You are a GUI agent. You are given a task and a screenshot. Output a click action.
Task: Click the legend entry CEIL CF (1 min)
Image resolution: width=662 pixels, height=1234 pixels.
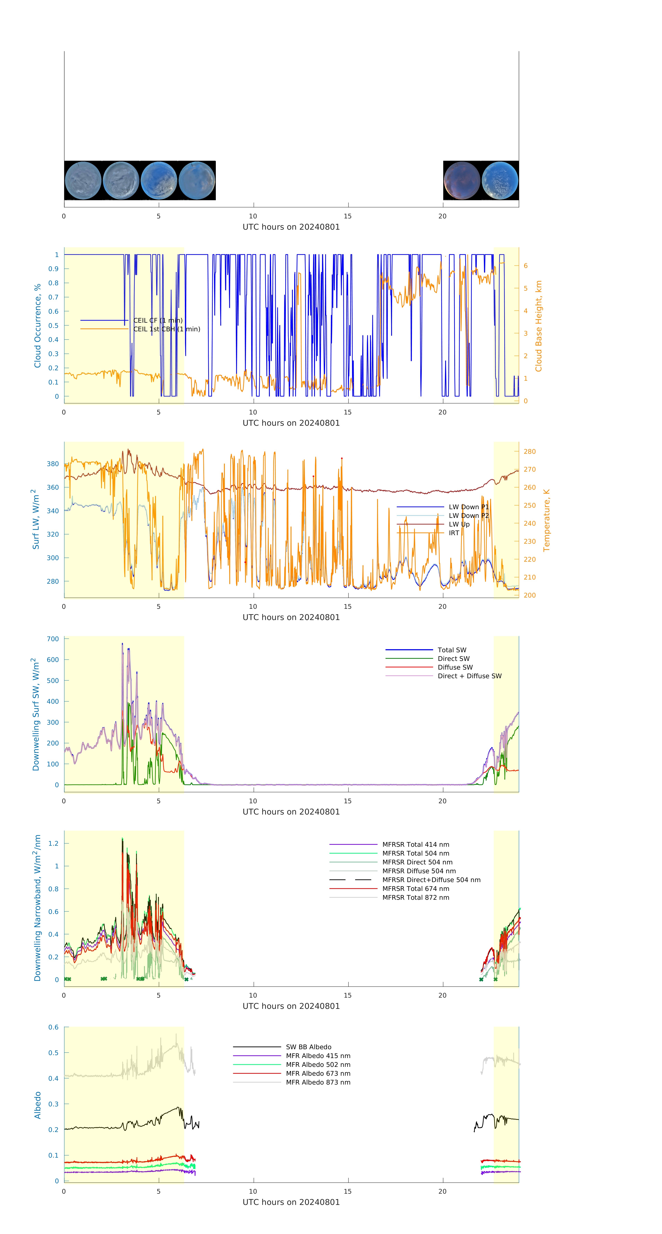coord(157,320)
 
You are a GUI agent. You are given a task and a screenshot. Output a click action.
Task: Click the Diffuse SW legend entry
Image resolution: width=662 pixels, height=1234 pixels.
coord(455,667)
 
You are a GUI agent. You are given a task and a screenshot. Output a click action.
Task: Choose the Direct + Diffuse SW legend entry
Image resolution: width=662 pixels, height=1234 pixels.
coord(469,676)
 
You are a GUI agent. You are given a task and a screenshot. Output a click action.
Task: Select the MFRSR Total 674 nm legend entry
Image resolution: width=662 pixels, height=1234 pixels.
coord(416,889)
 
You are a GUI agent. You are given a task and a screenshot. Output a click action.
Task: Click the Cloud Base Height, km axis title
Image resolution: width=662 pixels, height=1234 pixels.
coord(538,326)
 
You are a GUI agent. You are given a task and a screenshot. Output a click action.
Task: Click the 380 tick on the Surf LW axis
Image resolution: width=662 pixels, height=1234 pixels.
coord(53,464)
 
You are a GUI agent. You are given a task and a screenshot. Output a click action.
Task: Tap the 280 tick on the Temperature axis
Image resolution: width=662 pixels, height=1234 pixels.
coord(529,451)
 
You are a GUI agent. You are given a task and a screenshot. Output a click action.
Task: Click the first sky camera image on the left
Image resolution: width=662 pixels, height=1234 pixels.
coord(83,181)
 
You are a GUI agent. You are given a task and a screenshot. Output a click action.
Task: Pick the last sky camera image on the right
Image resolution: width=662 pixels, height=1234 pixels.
coord(500,181)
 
